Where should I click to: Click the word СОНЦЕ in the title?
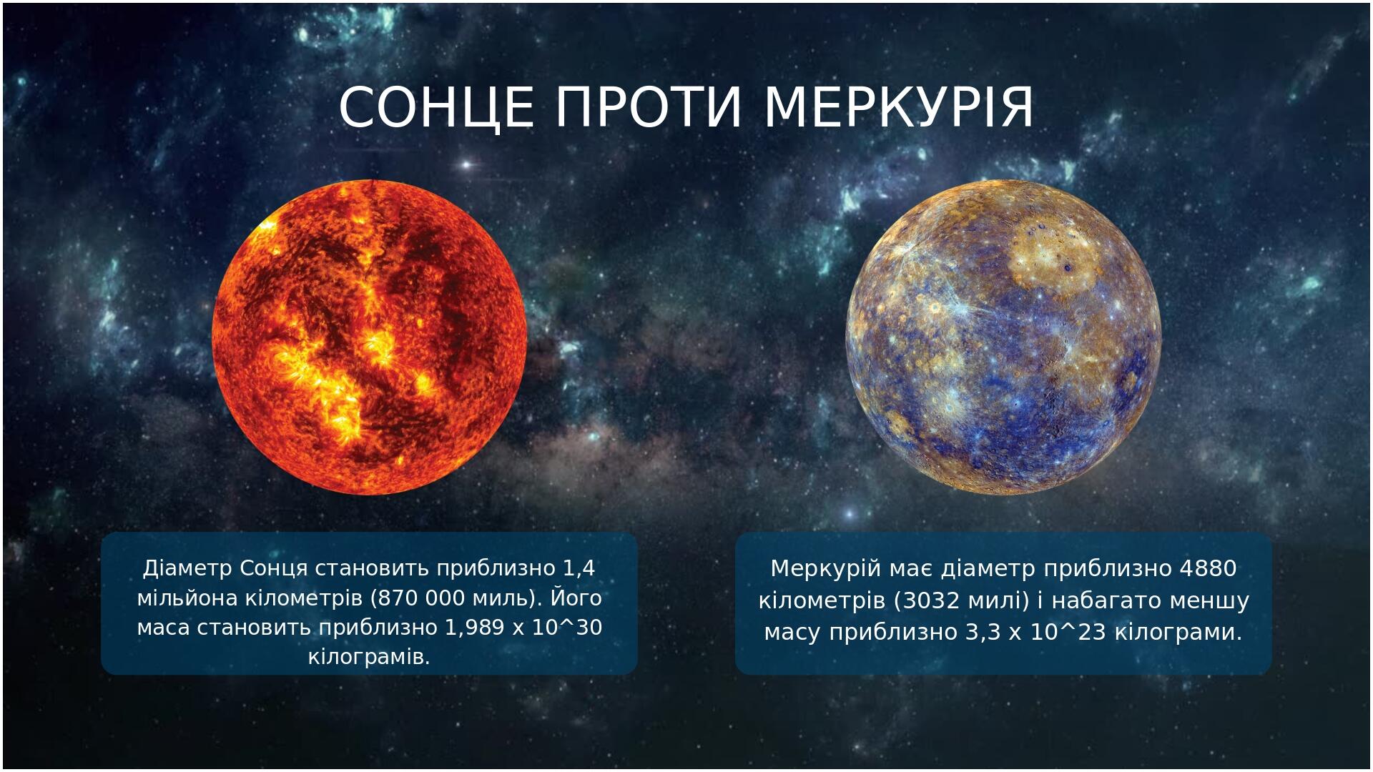pos(437,108)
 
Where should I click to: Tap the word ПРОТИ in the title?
pos(650,108)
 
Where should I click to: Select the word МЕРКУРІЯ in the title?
pos(899,108)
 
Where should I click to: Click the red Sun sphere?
pos(370,337)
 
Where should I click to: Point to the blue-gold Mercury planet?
pos(1003,337)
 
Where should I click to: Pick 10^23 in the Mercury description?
pos(1068,632)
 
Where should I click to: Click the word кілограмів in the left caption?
pos(369,657)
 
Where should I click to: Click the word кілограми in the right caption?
pos(1176,633)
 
